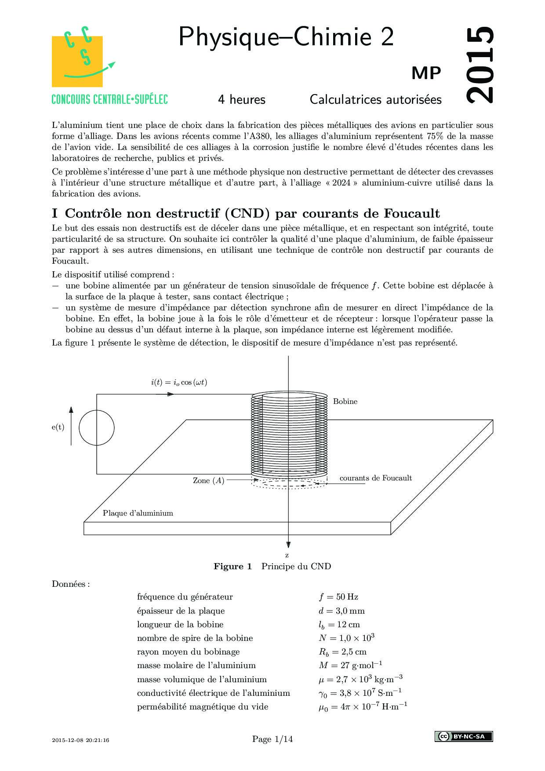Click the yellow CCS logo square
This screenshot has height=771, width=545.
[77, 62]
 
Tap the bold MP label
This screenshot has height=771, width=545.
[426, 73]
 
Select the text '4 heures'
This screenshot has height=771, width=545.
[242, 100]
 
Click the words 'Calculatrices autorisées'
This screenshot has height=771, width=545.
[375, 100]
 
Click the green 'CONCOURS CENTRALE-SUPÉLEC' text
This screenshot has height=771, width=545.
[109, 99]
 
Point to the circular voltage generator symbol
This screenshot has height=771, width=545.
[97, 428]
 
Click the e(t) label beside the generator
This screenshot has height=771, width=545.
[58, 427]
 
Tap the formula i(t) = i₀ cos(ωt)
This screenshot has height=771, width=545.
[179, 382]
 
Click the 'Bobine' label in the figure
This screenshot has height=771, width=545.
[345, 401]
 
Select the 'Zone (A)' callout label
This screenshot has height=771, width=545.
[208, 480]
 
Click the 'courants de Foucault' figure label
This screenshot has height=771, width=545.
[375, 478]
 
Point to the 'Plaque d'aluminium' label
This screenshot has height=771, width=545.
[138, 513]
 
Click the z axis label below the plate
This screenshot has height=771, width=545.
[287, 556]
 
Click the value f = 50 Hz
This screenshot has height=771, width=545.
[338, 597]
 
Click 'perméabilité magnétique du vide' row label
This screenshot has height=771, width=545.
[202, 707]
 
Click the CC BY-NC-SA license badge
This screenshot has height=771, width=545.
[463, 736]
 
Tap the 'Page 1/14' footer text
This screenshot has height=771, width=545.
[272, 739]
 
